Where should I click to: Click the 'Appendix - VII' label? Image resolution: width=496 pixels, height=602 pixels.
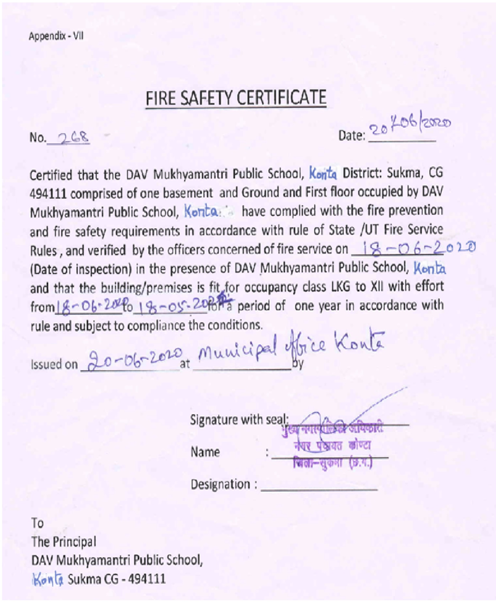point(56,36)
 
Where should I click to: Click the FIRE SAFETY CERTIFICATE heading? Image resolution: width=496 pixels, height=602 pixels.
point(236,98)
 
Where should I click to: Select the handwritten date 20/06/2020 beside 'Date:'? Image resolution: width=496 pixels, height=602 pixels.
point(410,127)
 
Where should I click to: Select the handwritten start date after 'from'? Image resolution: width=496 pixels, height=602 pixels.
point(89,306)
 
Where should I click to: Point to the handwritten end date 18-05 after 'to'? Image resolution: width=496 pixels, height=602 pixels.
point(167,306)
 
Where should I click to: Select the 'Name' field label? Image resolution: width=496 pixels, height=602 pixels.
point(205,452)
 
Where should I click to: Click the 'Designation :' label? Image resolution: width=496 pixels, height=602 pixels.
point(224,484)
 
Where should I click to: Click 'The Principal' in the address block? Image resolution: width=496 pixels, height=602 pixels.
point(64,542)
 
